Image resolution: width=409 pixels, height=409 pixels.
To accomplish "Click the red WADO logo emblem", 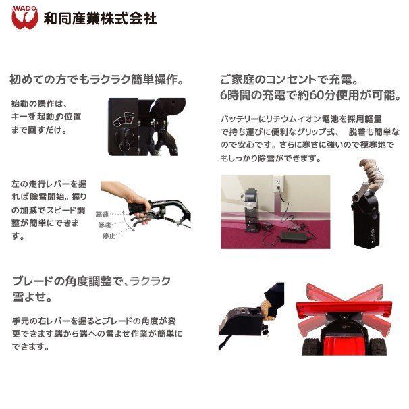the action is tap(25, 18).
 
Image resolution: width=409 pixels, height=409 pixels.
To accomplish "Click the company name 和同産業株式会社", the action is tap(100, 18).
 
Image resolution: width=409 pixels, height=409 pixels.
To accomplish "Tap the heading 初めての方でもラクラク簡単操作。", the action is tap(97, 80).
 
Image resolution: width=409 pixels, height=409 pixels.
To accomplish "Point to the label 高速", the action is tap(102, 215).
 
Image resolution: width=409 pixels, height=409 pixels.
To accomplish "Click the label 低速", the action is tap(104, 225).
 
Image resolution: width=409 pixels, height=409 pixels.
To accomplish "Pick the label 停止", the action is tap(109, 236).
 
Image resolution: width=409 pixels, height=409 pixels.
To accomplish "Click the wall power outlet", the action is tap(277, 183).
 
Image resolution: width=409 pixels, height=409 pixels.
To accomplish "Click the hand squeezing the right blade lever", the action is tap(267, 310).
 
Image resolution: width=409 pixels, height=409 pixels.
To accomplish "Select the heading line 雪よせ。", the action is tap(32, 297).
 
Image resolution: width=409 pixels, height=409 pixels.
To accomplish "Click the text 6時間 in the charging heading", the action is tap(237, 95).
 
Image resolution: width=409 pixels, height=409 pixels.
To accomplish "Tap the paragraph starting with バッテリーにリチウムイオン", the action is tap(310, 138).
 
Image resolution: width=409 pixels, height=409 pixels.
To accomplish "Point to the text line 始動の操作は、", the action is tap(40, 103).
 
